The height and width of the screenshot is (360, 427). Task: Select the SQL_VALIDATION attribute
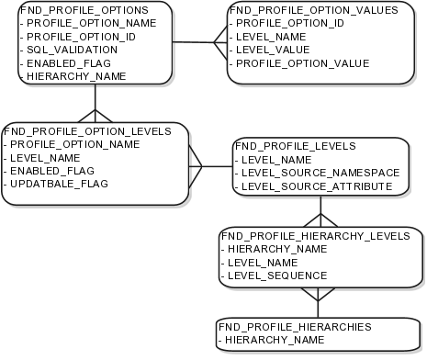coord(57,49)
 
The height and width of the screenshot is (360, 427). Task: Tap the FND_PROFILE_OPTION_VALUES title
coord(313,8)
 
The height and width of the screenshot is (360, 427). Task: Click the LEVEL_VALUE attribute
coord(273,49)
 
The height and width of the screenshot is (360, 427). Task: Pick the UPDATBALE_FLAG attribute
coord(62,185)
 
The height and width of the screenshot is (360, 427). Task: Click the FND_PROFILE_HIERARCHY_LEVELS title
coord(315,234)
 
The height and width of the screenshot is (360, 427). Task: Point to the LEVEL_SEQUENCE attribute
coord(276,275)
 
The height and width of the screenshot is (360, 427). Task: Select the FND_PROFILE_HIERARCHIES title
coord(294,326)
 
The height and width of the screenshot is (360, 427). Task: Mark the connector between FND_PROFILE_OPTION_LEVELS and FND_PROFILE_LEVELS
coord(210,166)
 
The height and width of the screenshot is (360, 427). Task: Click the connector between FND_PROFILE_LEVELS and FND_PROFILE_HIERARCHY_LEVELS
coord(320,211)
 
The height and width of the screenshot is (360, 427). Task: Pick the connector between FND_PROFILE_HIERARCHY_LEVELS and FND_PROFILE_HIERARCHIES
coord(317,302)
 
